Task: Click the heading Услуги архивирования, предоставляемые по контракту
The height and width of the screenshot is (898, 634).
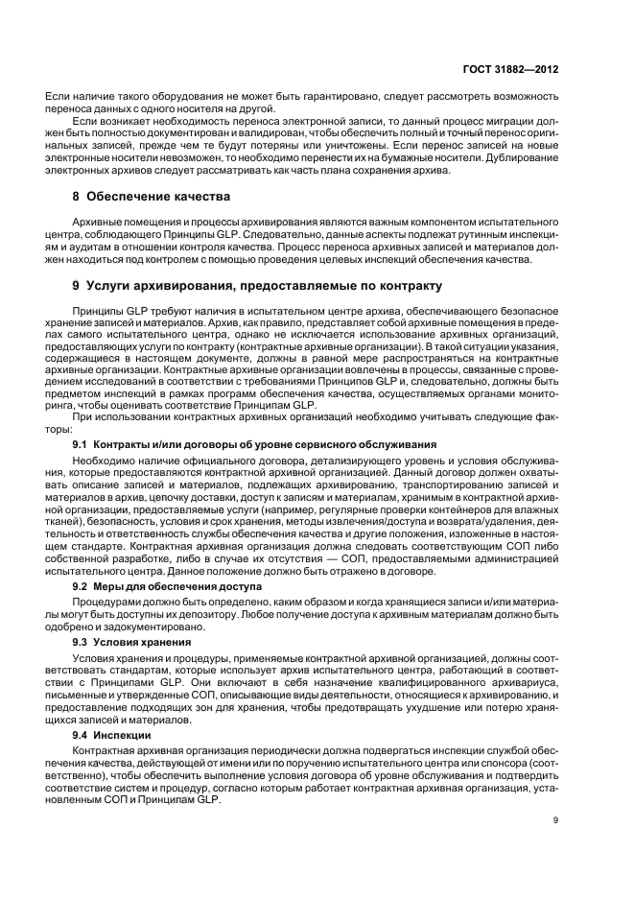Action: point(264,286)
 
